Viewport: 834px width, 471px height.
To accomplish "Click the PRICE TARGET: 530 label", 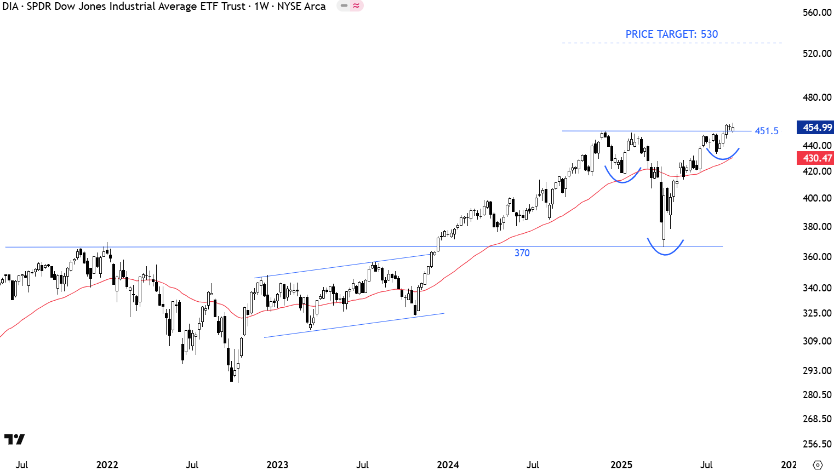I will pyautogui.click(x=671, y=34).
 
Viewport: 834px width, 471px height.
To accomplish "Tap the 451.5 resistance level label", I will pyautogui.click(x=766, y=131).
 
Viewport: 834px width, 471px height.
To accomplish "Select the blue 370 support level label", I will pyautogui.click(x=522, y=253).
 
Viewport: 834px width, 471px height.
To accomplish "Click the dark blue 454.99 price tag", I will pyautogui.click(x=815, y=128).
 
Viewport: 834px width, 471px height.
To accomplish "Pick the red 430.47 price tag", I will pyautogui.click(x=815, y=158).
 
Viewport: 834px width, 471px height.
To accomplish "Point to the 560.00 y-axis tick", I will pyautogui.click(x=817, y=13).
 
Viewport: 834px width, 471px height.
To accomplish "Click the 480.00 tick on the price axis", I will pyautogui.click(x=817, y=97).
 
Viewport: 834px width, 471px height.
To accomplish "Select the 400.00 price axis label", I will pyautogui.click(x=817, y=198).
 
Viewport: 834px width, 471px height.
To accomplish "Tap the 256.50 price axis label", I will pyautogui.click(x=817, y=444).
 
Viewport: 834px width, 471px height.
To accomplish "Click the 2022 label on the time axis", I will pyautogui.click(x=107, y=465).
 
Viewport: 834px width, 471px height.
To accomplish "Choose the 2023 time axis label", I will pyautogui.click(x=277, y=465).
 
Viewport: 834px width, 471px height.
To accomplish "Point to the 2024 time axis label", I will pyautogui.click(x=448, y=465).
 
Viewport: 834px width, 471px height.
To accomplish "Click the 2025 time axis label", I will pyautogui.click(x=621, y=465).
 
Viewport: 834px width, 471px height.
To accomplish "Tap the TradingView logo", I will pyautogui.click(x=14, y=439).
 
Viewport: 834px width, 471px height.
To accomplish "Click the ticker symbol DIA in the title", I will pyautogui.click(x=10, y=7).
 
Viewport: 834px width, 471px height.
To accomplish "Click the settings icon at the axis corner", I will pyautogui.click(x=818, y=465).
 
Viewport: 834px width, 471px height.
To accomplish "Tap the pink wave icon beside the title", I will pyautogui.click(x=357, y=6).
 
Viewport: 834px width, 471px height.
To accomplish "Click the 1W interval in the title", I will pyautogui.click(x=261, y=7).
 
